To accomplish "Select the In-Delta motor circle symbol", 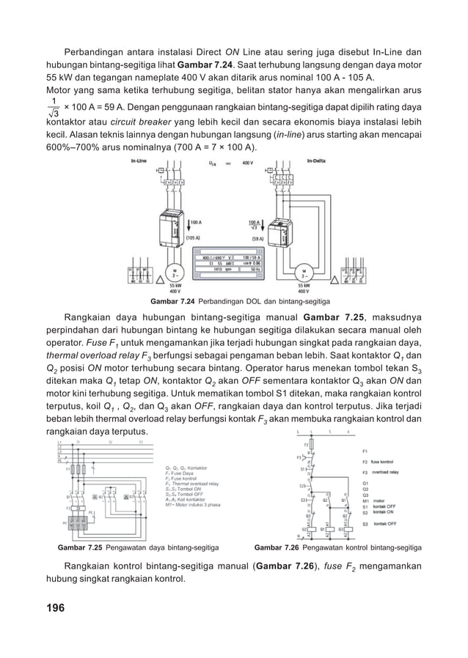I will (x=299, y=271).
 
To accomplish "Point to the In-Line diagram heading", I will (x=137, y=160).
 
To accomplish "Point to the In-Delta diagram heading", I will (x=317, y=160).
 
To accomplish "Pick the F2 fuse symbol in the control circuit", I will (x=311, y=444).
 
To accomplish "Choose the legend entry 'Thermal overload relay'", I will (x=193, y=484).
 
